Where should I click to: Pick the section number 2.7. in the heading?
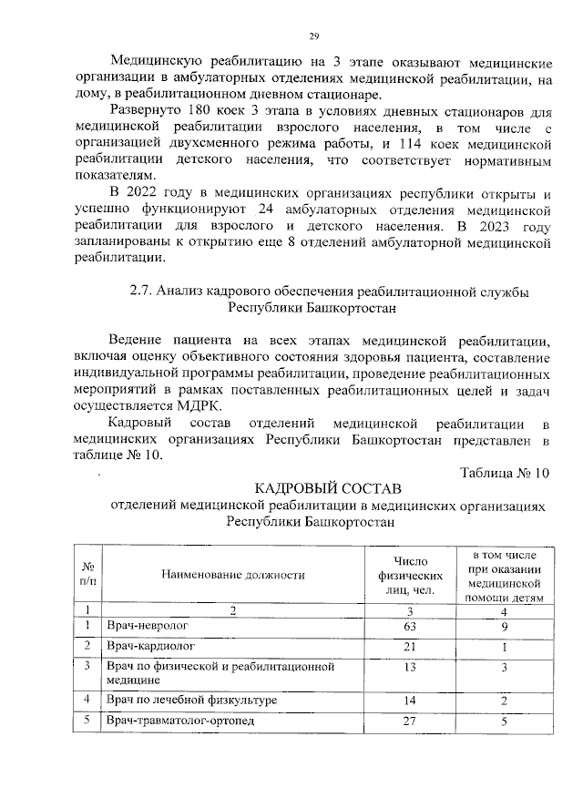pyautogui.click(x=142, y=292)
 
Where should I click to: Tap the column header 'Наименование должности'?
pyautogui.click(x=232, y=575)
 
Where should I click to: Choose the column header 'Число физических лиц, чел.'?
pyautogui.click(x=410, y=575)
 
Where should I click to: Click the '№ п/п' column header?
pyautogui.click(x=88, y=575)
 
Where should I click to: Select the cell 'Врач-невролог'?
pyautogui.click(x=146, y=626)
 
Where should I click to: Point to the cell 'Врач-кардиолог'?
pyautogui.click(x=149, y=646)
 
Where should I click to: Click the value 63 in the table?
pyautogui.click(x=410, y=626)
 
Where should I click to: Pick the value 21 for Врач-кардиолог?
pyautogui.click(x=410, y=646)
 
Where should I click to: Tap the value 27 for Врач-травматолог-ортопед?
pyautogui.click(x=410, y=721)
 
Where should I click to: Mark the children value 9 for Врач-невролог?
pyautogui.click(x=503, y=626)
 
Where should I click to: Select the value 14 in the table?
pyautogui.click(x=410, y=700)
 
